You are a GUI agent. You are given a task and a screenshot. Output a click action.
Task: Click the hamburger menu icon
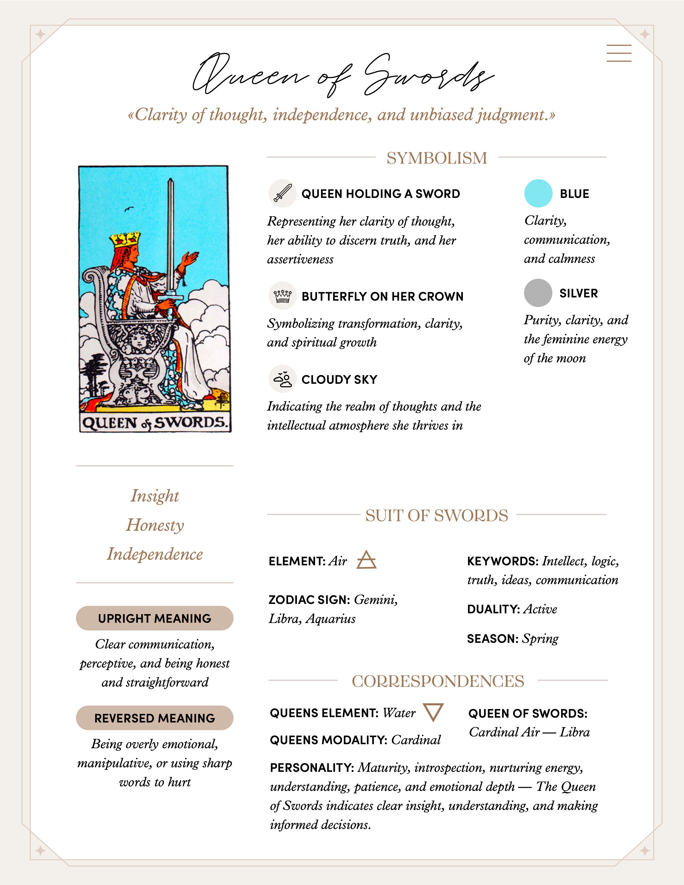(x=619, y=53)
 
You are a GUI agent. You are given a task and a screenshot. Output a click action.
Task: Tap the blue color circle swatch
(x=538, y=193)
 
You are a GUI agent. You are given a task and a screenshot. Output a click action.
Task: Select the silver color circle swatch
(x=538, y=293)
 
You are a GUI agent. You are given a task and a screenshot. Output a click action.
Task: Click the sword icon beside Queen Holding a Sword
(x=282, y=193)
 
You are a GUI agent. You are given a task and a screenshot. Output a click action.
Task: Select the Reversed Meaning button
(x=155, y=718)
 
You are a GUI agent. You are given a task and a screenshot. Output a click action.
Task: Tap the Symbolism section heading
(x=436, y=158)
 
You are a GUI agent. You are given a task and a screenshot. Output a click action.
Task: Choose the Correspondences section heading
(x=438, y=681)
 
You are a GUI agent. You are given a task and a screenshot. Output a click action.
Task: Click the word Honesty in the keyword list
(x=155, y=525)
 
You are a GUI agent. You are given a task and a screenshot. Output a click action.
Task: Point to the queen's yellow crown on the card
(x=126, y=239)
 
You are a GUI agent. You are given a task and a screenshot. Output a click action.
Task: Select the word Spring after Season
(x=540, y=638)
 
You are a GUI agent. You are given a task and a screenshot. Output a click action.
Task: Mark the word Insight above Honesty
(x=155, y=496)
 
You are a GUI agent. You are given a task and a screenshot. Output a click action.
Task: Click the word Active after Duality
(x=540, y=609)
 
